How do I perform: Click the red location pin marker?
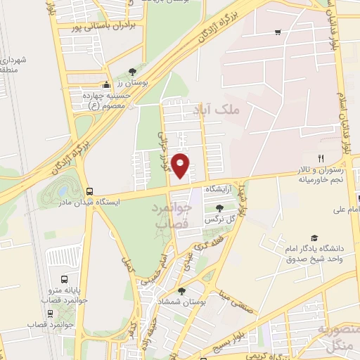181,165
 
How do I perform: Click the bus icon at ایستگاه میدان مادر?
90,191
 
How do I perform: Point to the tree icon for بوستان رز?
133,72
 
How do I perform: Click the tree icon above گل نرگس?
221,208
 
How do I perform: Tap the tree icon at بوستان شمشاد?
182,290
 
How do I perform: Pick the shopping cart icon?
278,32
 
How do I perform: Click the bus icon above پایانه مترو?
65,278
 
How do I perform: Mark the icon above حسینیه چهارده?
105,84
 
